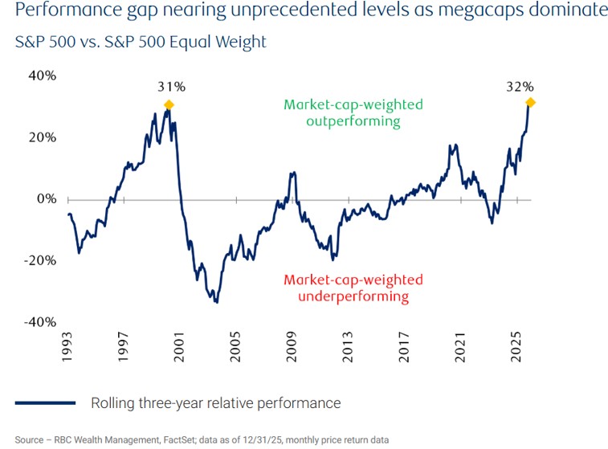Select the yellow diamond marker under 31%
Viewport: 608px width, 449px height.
coord(168,105)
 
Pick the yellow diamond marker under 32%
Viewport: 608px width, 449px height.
coord(530,102)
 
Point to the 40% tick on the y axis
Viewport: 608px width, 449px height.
coord(43,76)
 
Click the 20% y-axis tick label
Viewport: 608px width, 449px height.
coord(43,137)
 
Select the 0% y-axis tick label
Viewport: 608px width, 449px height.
coord(46,198)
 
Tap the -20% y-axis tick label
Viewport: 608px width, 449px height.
coord(41,260)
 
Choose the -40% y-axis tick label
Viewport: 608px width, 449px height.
coord(41,322)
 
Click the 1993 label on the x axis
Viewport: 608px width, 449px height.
coord(69,350)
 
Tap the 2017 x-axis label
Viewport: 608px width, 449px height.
coord(406,350)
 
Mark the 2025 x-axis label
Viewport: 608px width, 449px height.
coord(518,350)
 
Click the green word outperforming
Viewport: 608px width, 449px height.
coord(352,121)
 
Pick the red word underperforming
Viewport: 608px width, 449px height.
coord(352,296)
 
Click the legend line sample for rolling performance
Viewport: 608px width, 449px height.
coord(45,402)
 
